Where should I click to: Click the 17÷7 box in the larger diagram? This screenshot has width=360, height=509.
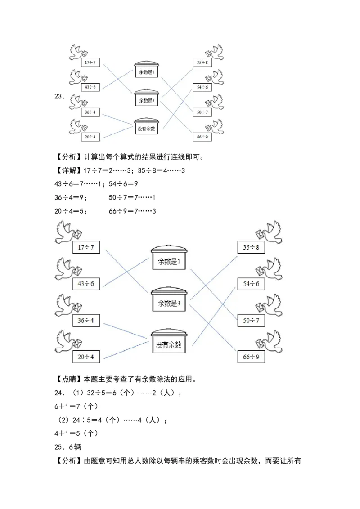pyautogui.click(x=86, y=247)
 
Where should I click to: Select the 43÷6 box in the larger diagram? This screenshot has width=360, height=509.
pyautogui.click(x=86, y=284)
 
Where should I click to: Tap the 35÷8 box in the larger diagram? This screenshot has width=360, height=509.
pyautogui.click(x=251, y=247)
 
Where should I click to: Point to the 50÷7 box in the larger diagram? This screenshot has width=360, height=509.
pyautogui.click(x=251, y=320)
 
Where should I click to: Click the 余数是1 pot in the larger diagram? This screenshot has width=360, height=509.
pyautogui.click(x=169, y=260)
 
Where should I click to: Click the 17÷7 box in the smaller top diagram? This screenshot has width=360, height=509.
pyautogui.click(x=90, y=62)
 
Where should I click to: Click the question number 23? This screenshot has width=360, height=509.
pyautogui.click(x=59, y=96)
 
